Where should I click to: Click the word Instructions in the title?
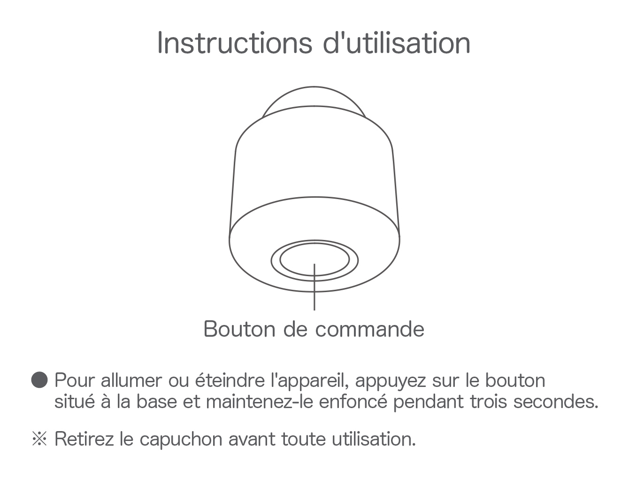click(235, 43)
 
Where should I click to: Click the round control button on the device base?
click(314, 260)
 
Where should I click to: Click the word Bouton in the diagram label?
click(239, 329)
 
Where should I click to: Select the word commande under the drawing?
click(369, 329)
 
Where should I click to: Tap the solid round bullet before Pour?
click(39, 380)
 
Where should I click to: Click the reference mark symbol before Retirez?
click(39, 439)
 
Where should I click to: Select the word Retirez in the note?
click(84, 439)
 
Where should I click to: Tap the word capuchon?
click(181, 440)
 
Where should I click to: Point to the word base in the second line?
click(156, 402)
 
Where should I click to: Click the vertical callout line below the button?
click(314, 287)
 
